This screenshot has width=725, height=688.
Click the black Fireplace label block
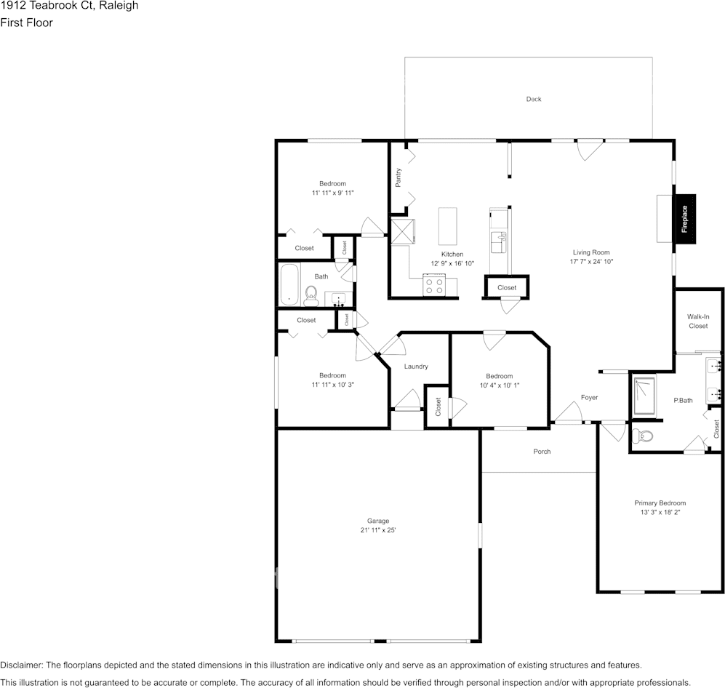684,218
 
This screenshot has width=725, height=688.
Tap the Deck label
534,99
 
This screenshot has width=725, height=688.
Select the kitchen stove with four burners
434,286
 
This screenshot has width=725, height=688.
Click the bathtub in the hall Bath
289,286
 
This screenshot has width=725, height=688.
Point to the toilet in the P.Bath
643,436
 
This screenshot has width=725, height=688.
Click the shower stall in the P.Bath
644,396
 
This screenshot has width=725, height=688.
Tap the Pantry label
398,177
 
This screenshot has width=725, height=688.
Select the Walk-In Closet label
698,321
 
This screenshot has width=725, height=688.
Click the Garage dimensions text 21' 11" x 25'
377,530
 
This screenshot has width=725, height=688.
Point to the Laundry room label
416,367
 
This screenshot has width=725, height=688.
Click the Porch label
542,452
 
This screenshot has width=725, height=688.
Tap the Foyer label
589,397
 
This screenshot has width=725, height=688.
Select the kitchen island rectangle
448,226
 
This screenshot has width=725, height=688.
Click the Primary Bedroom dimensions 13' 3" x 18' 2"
660,512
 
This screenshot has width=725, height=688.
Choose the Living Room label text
590,252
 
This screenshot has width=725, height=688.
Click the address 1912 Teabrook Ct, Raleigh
70,6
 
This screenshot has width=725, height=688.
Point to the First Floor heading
27,23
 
